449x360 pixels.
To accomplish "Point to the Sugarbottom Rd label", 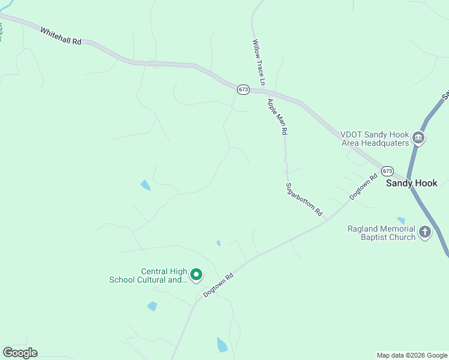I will tap(304, 199).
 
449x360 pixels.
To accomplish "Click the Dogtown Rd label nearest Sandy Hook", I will tap(364, 187).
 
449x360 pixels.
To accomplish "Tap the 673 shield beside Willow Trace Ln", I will tap(243, 89).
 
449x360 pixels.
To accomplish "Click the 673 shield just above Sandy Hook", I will tap(387, 170).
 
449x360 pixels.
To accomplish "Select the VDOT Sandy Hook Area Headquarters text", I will tap(375, 139).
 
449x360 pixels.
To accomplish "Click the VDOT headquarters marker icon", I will tap(419, 139).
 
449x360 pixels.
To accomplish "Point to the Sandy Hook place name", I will tap(412, 183).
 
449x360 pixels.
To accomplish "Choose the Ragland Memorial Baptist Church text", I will tap(381, 233).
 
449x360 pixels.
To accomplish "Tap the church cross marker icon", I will tap(425, 232).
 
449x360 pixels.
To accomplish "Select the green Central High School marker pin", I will tap(196, 275).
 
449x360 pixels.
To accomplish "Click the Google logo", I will tap(20, 353).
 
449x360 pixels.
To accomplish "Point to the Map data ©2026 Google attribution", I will tap(412, 355).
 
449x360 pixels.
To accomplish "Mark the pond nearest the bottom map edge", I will tap(222, 344).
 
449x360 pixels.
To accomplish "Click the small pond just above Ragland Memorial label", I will tap(401, 221).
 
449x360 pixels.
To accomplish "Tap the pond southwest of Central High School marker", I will tap(152, 307).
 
